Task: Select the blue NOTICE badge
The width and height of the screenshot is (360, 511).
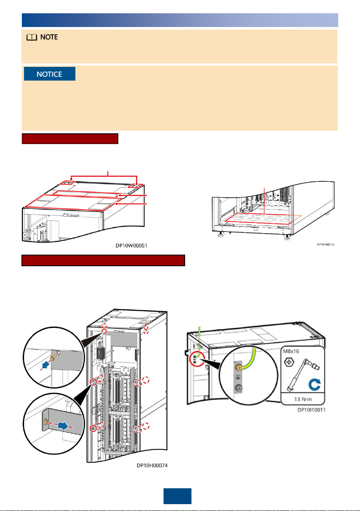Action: pos(49,74)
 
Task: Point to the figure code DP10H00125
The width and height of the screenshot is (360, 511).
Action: pos(329,244)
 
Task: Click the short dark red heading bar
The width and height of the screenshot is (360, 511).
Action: pos(70,139)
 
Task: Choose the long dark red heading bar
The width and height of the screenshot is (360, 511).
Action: pos(103,261)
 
